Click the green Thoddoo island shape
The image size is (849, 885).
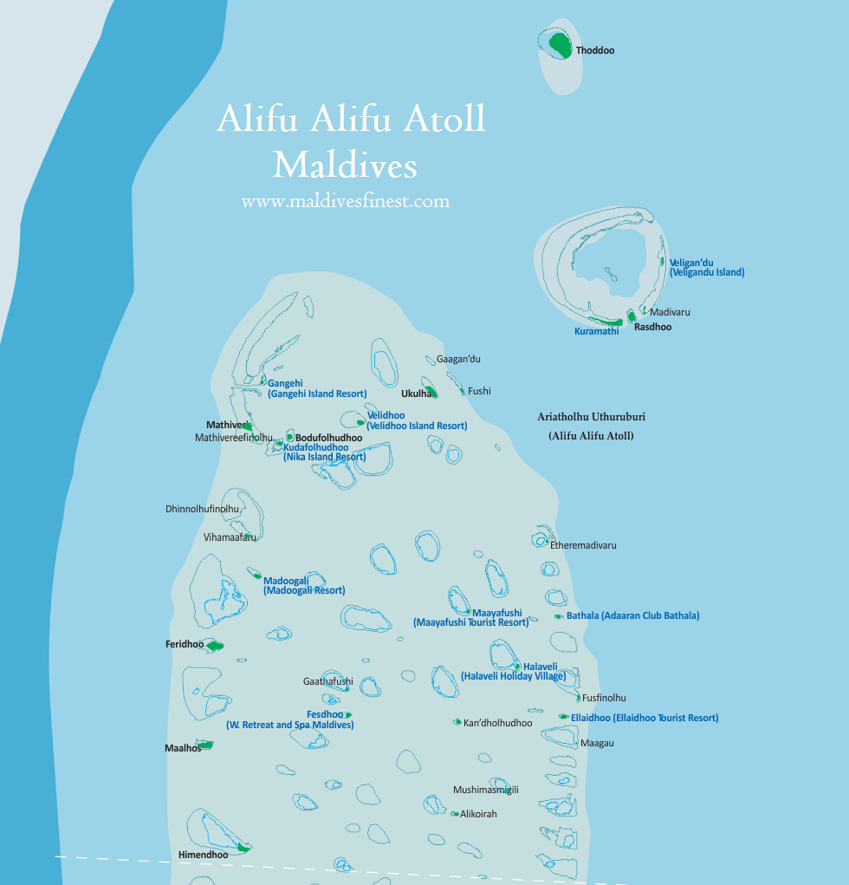[560, 45]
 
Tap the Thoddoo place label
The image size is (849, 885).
[595, 51]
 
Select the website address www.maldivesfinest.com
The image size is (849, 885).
[346, 201]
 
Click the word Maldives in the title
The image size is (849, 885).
[345, 164]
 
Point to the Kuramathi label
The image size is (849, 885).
[597, 331]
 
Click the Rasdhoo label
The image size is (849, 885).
[652, 327]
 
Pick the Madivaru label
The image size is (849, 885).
[670, 312]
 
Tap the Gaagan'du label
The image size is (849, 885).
[458, 359]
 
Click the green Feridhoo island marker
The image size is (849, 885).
[212, 645]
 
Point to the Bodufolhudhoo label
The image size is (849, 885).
[328, 438]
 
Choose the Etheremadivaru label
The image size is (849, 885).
[583, 546]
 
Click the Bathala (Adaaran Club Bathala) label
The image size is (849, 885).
[632, 615]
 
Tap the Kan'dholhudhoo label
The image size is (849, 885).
[497, 723]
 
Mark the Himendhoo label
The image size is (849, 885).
[203, 855]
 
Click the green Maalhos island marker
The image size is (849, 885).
[205, 745]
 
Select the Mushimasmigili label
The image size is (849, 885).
[485, 790]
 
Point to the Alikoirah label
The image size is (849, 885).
[478, 814]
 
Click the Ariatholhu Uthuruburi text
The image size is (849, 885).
[591, 417]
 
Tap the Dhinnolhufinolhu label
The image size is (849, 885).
[202, 509]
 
